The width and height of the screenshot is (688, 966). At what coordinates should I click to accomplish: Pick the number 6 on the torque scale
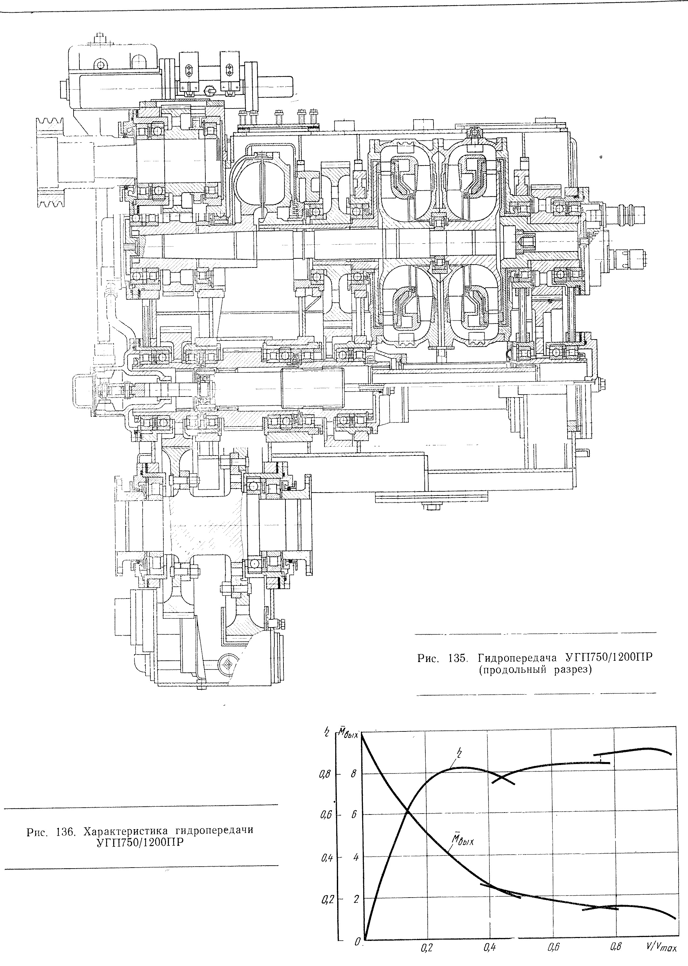coord(354,815)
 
